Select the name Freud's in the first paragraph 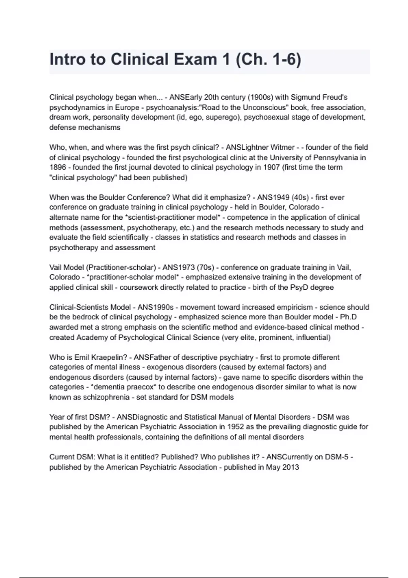pyautogui.click(x=336, y=97)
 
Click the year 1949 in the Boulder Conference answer pyautogui.click(x=281, y=198)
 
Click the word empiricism pyautogui.click(x=294, y=307)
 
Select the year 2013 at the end pyautogui.click(x=290, y=467)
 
